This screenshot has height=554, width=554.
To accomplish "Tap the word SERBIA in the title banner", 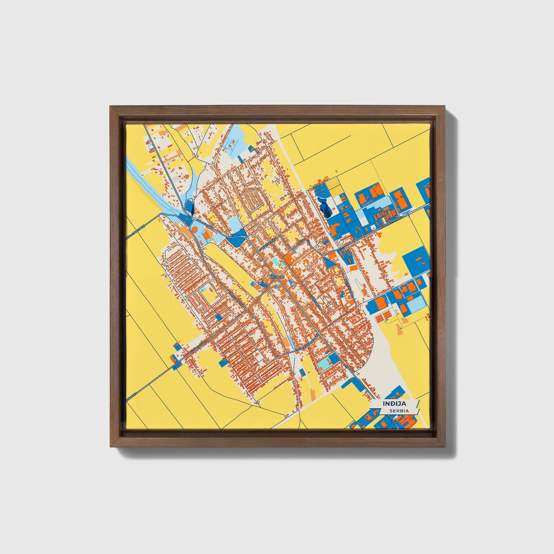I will [398, 411].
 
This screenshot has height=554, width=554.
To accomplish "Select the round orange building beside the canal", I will [194, 229].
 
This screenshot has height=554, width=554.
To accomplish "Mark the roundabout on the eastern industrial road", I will [409, 214].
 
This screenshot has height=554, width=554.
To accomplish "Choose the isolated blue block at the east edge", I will [416, 260].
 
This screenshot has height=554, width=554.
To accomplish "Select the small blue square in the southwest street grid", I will [219, 317].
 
